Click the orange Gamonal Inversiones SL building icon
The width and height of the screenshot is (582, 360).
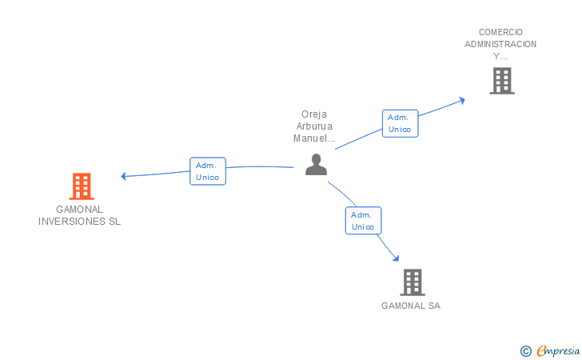tap(82, 186)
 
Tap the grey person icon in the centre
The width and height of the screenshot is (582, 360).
tap(317, 164)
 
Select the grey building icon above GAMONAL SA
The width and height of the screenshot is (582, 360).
tap(412, 282)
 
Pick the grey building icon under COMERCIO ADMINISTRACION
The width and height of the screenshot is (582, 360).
tap(501, 80)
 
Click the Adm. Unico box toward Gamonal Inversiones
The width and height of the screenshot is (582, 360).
tap(208, 171)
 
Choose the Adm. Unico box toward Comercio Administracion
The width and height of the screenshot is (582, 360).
tap(400, 123)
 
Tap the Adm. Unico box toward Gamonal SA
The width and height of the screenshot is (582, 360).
tap(363, 221)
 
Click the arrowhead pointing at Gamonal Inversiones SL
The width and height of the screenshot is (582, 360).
tap(123, 176)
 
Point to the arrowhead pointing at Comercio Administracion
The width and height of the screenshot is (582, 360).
tap(461, 100)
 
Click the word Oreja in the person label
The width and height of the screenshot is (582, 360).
tap(314, 114)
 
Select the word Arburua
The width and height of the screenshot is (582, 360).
tap(314, 126)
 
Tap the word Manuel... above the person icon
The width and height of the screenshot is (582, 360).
tap(314, 138)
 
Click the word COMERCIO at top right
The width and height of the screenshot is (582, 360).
tap(500, 32)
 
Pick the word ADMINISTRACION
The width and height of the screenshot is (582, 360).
tap(500, 44)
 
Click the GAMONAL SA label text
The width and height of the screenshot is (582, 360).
tap(411, 306)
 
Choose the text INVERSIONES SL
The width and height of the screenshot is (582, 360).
tap(80, 222)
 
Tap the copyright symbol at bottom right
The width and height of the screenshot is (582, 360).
tap(525, 350)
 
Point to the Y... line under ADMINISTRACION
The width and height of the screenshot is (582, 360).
tap(500, 56)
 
